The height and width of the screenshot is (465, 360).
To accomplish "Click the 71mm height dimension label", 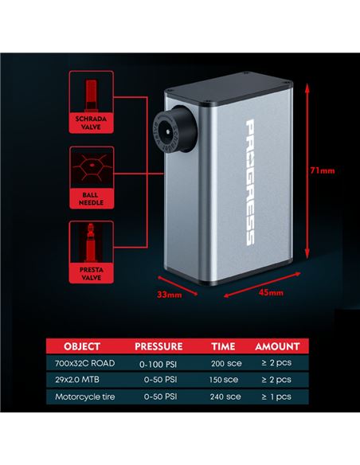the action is coord(323,170).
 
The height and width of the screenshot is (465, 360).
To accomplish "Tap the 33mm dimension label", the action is coord(170,295).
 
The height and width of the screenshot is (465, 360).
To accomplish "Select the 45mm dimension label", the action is coord(271,293).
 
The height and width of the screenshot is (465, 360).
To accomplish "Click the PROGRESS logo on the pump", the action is coord(250,182).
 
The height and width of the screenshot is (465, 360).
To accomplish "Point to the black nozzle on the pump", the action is coord(175,129).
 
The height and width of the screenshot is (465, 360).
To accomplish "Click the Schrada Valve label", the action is coord(91,123).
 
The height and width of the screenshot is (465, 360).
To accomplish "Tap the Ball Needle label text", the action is coord(91,199).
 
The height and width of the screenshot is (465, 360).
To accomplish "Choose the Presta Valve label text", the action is coord(92,274).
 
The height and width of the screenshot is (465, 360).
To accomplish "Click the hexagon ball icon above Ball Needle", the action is coord(92,167).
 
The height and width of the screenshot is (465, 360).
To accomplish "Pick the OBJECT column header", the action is coord(82,346).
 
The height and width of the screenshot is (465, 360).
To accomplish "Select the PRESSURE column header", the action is coord(158,346).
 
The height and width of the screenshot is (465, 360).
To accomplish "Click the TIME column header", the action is coord(223,346).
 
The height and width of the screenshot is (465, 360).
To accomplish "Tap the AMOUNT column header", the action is coord(277,346).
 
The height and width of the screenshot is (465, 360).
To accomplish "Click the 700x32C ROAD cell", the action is coord(84,363).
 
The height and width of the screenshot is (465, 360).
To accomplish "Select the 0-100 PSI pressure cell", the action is coord(158,364).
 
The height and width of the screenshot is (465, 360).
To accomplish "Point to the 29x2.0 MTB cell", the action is coord(77,380).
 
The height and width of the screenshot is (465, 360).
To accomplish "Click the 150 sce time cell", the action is coord(224,380).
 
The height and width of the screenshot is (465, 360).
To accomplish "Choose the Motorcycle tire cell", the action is coord(84,397).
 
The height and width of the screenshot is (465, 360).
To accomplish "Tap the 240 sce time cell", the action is coord(225,397).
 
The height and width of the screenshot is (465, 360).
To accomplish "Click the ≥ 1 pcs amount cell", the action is coord(276,397).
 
